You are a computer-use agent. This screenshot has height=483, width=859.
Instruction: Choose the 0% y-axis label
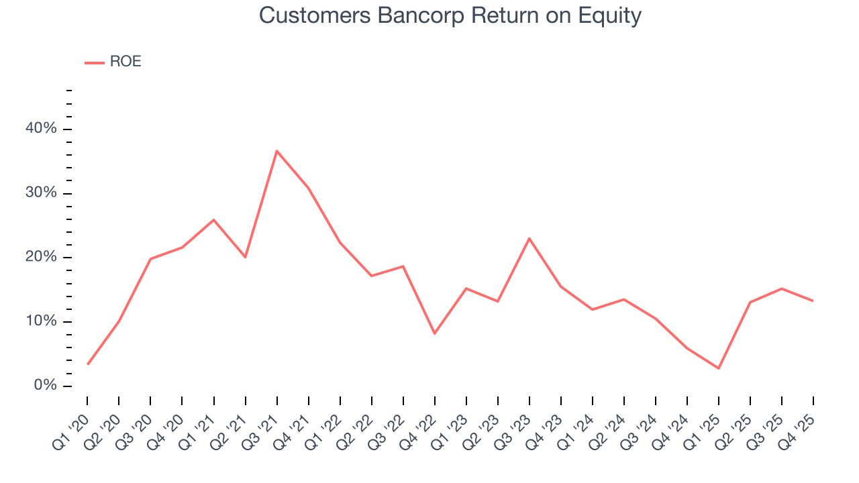point(46,386)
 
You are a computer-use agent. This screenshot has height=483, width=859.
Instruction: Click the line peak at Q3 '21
point(276,151)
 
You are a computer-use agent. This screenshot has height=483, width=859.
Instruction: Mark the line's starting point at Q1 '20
point(88,364)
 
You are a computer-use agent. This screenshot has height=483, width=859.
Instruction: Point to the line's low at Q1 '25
point(718,368)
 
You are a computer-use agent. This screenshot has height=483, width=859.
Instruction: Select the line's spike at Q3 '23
point(529,238)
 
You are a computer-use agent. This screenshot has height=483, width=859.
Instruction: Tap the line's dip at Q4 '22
point(435,333)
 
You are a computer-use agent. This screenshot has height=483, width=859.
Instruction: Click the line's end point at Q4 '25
point(813,301)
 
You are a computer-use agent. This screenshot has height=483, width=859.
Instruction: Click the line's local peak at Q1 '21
point(213,219)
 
